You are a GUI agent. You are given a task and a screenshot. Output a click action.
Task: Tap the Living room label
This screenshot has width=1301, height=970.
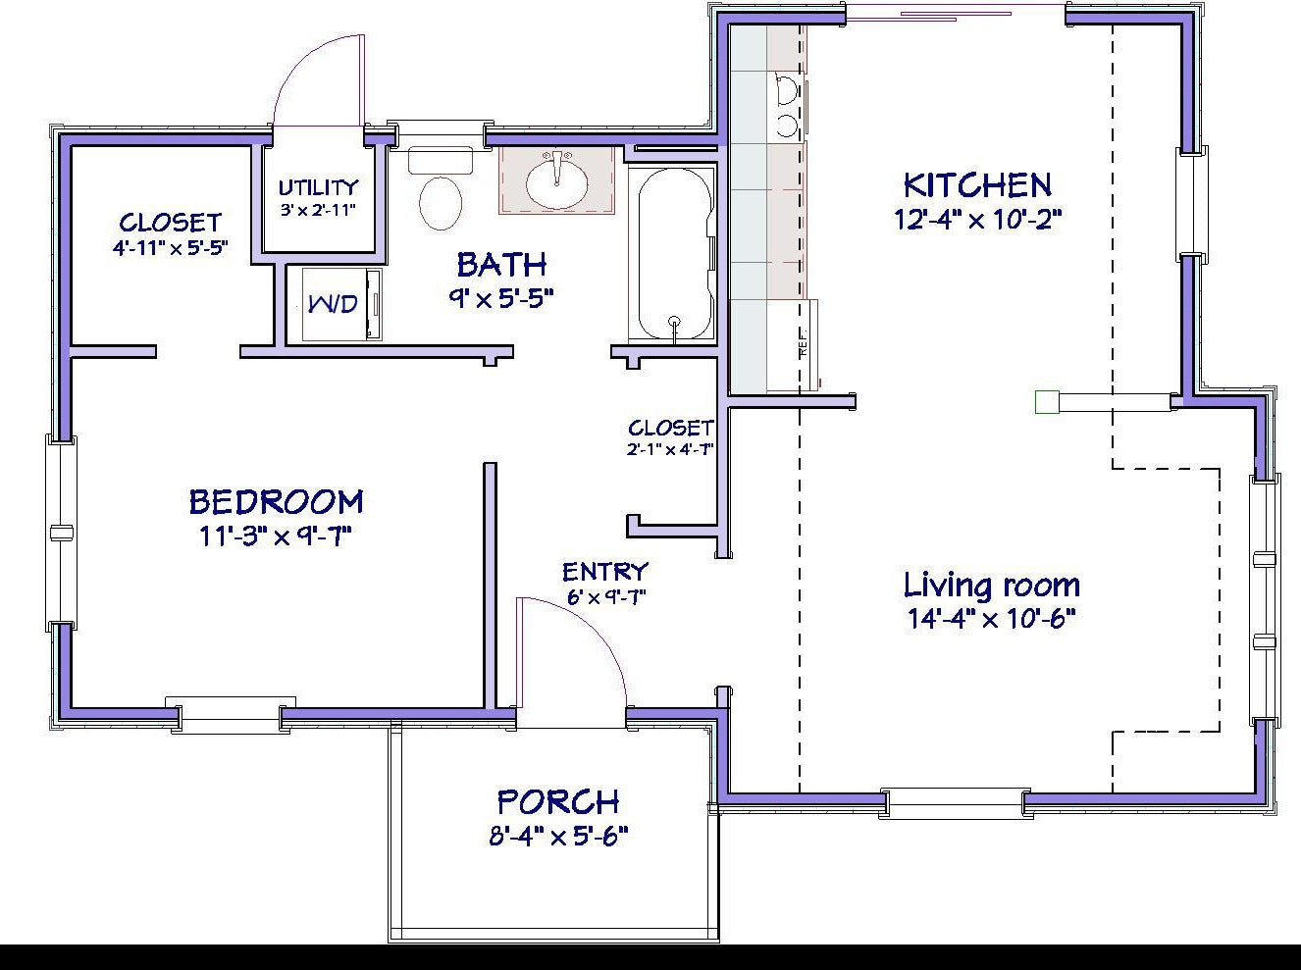point(992,585)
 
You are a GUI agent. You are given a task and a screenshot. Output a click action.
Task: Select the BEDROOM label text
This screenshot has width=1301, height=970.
point(277,502)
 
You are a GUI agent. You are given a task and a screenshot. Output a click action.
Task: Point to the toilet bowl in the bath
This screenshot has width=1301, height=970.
point(441,203)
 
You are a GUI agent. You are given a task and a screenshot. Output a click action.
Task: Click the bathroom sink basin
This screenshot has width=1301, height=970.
point(556,183)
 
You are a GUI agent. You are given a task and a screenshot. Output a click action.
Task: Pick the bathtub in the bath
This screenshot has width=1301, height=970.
point(674,254)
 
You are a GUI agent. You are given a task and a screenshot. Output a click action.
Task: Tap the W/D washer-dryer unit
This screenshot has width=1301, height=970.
point(341,304)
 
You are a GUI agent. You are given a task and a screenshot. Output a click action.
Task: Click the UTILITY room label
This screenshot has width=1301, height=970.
point(318,188)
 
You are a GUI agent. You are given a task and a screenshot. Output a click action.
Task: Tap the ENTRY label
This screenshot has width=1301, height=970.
point(605,572)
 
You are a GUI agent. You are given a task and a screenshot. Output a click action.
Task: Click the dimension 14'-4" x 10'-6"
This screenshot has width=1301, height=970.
point(992,619)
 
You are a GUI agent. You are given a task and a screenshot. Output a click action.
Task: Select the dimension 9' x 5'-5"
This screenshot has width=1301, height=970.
point(500,298)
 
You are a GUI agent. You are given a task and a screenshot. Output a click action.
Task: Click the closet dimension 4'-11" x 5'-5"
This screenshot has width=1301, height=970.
point(171,247)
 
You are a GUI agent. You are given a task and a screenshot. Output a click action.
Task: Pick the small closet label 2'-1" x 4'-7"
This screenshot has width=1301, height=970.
point(670,450)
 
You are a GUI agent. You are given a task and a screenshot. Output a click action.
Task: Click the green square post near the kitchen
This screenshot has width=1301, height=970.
point(1047,402)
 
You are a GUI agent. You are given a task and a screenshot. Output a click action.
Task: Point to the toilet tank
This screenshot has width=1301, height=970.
point(441,160)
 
